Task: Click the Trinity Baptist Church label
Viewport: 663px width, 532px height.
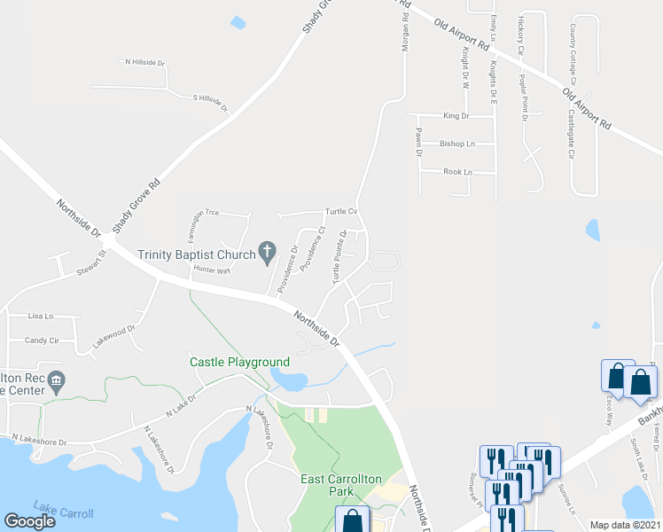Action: [x=195, y=254]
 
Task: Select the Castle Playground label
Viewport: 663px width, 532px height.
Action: [x=239, y=362]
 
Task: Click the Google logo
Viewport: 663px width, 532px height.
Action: [x=29, y=521]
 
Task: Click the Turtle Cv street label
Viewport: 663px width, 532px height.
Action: [x=340, y=211]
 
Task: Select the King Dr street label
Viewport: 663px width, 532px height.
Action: [x=456, y=116]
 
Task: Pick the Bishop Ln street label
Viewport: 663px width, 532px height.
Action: [x=457, y=144]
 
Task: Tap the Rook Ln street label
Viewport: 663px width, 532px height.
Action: [x=457, y=172]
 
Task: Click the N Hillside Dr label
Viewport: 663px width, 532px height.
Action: [x=145, y=63]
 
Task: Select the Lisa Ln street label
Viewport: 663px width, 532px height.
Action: [x=41, y=316]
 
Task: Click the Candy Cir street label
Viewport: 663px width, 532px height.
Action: [x=42, y=340]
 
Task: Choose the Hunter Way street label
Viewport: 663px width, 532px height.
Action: [x=212, y=269]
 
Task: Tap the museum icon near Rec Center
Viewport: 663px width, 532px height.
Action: [x=56, y=382]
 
